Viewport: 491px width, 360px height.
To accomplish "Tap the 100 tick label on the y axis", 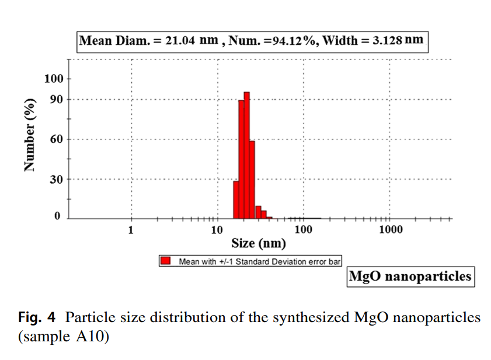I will (53, 79).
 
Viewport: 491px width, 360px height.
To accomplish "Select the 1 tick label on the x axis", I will (131, 229).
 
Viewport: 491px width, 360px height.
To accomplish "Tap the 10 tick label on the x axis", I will (217, 229).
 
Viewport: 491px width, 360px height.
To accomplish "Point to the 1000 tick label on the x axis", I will (391, 229).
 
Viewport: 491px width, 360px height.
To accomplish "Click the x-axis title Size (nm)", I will (259, 243).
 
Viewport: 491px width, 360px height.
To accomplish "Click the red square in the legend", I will (166, 261).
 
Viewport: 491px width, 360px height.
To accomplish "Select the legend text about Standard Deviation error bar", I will (259, 261).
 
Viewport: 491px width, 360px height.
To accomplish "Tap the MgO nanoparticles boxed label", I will (410, 276).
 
